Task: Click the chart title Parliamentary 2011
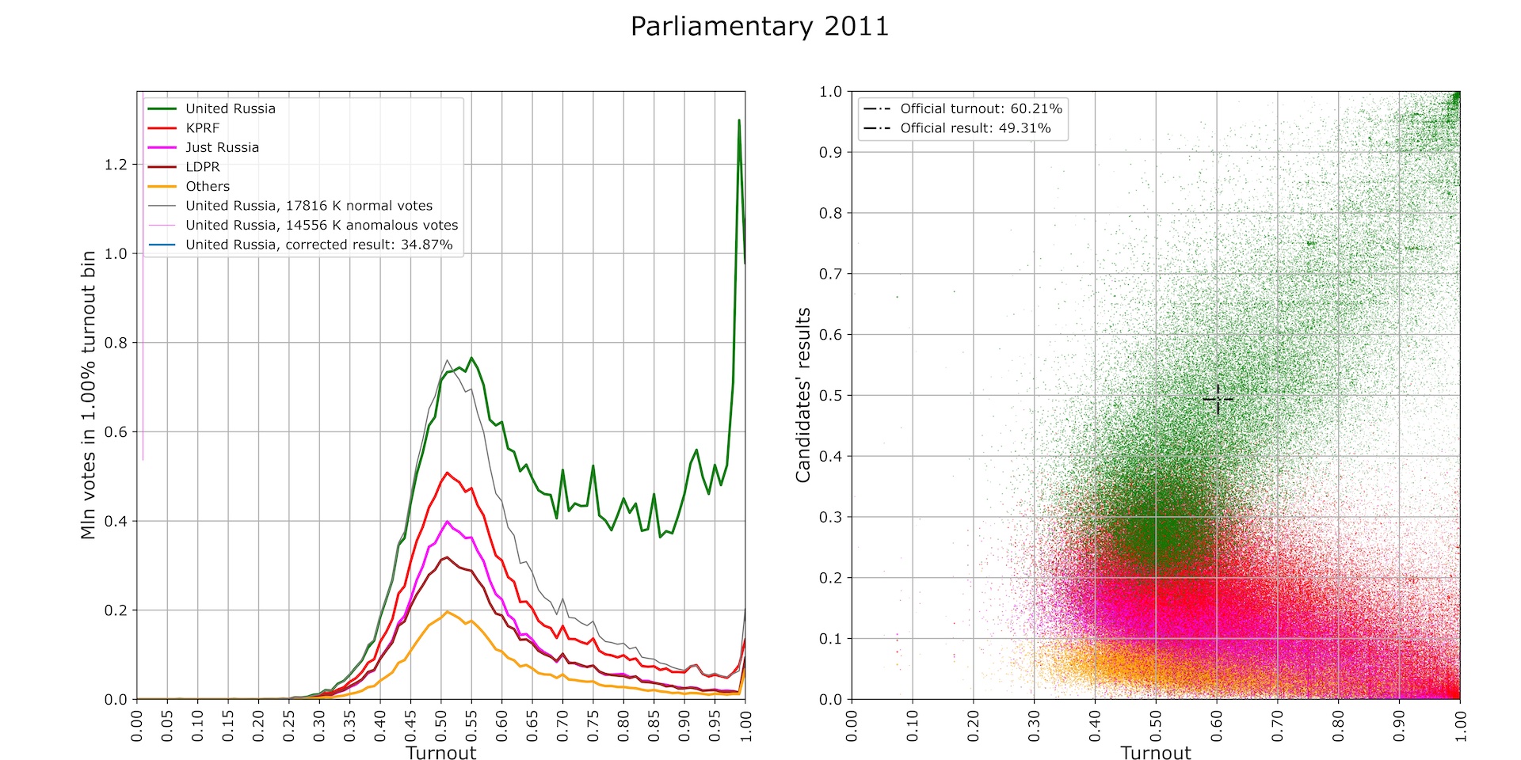point(759,27)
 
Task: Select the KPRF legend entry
point(202,128)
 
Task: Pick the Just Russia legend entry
point(222,147)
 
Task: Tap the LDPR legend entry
point(203,167)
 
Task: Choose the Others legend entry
point(208,187)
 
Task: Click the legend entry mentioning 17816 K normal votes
point(309,206)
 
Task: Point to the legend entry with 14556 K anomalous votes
point(322,226)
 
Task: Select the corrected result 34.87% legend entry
point(318,245)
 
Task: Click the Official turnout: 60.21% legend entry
point(981,109)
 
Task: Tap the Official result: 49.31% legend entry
point(975,128)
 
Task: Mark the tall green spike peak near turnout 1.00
point(739,120)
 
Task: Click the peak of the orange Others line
point(447,612)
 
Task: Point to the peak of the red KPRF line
point(447,473)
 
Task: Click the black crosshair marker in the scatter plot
point(1218,399)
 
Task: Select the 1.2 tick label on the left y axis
point(116,165)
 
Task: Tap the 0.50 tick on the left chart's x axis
point(441,726)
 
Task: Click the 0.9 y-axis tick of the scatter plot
point(830,152)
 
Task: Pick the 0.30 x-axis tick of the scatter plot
point(1034,726)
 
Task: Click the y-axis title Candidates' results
point(803,395)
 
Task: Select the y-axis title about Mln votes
point(88,395)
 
